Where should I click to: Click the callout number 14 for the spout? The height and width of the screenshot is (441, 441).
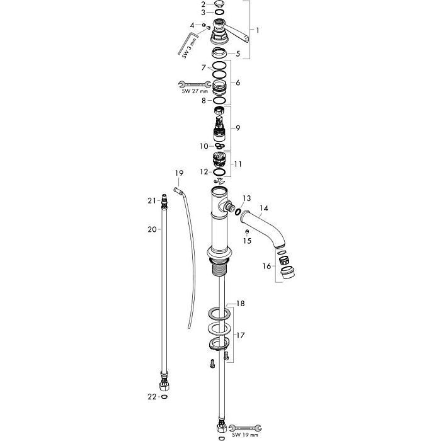pyautogui.click(x=264, y=208)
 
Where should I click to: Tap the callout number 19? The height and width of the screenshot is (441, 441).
pyautogui.click(x=179, y=173)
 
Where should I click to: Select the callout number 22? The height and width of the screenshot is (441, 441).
pyautogui.click(x=152, y=396)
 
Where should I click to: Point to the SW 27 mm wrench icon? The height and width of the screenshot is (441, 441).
pyautogui.click(x=195, y=84)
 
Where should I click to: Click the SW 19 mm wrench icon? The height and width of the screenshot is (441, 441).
pyautogui.click(x=245, y=428)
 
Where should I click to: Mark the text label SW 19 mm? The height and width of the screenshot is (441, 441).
pyautogui.click(x=245, y=435)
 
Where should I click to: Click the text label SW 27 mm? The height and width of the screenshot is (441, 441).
pyautogui.click(x=195, y=91)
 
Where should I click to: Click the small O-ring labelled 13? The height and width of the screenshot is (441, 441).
pyautogui.click(x=238, y=211)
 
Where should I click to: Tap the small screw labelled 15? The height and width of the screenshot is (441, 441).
pyautogui.click(x=247, y=232)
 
